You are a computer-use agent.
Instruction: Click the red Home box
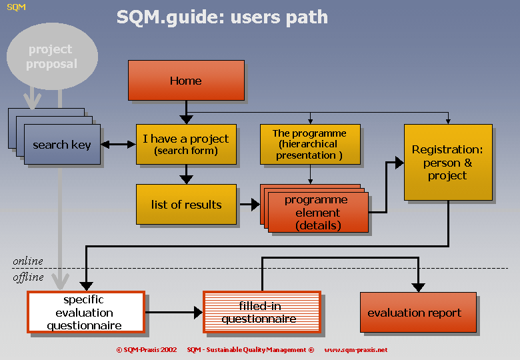point(186,80)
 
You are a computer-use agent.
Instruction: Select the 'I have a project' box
point(186,144)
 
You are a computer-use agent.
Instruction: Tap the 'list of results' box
point(186,204)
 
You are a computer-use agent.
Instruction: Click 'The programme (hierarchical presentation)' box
point(310,144)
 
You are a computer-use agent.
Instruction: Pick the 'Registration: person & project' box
point(448,162)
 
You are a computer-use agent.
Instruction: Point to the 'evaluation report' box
point(418,312)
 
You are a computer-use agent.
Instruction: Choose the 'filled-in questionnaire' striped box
point(262,312)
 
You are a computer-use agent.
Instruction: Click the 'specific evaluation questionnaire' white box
point(86,312)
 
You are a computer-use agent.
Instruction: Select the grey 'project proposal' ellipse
point(52,57)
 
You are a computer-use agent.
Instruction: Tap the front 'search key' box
point(63,145)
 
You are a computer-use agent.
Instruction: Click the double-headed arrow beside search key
point(119,145)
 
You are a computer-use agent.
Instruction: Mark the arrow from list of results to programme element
point(250,205)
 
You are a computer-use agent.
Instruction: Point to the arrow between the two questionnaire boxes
point(174,312)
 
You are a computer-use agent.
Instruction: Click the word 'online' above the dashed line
point(28,261)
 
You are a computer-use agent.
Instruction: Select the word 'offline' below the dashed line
point(28,277)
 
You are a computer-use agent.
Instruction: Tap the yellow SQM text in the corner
point(16,7)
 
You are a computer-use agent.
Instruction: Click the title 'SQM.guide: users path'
point(222,17)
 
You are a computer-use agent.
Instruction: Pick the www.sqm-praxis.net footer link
point(356,350)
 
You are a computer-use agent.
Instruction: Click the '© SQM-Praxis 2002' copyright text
point(147,350)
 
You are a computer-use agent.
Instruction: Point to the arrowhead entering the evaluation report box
point(418,287)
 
